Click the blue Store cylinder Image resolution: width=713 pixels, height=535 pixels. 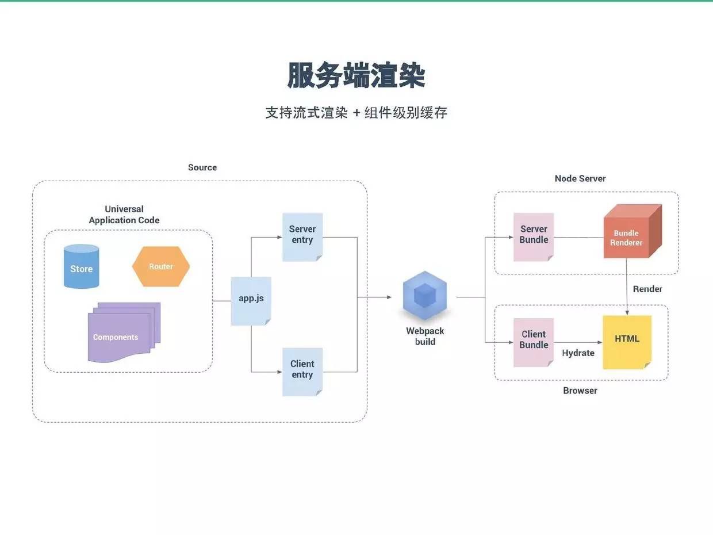pyautogui.click(x=81, y=266)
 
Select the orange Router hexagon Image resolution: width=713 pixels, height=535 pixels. pyautogui.click(x=161, y=266)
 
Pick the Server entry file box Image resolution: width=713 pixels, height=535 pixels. pyautogui.click(x=302, y=236)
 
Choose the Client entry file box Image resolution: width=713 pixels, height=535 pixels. pyautogui.click(x=302, y=370)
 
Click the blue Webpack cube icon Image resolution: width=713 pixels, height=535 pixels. pyautogui.click(x=424, y=295)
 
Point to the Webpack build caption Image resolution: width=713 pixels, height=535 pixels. pyautogui.click(x=425, y=337)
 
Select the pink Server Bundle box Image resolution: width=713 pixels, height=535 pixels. pyautogui.click(x=534, y=236)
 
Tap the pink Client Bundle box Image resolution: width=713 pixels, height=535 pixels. pyautogui.click(x=534, y=341)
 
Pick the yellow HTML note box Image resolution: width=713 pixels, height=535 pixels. pyautogui.click(x=627, y=341)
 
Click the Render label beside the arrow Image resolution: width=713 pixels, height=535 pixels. pyautogui.click(x=647, y=289)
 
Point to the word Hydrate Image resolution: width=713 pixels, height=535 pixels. pyautogui.click(x=578, y=353)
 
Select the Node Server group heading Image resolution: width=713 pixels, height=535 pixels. pyautogui.click(x=580, y=178)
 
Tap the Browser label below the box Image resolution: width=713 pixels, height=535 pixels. pyautogui.click(x=580, y=391)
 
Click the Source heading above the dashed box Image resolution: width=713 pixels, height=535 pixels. pyautogui.click(x=202, y=167)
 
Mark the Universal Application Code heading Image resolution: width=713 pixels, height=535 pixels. pyautogui.click(x=124, y=215)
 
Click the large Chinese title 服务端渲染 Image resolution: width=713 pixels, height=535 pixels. pyautogui.click(x=356, y=75)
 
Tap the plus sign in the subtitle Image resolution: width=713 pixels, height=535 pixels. pyautogui.click(x=356, y=113)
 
